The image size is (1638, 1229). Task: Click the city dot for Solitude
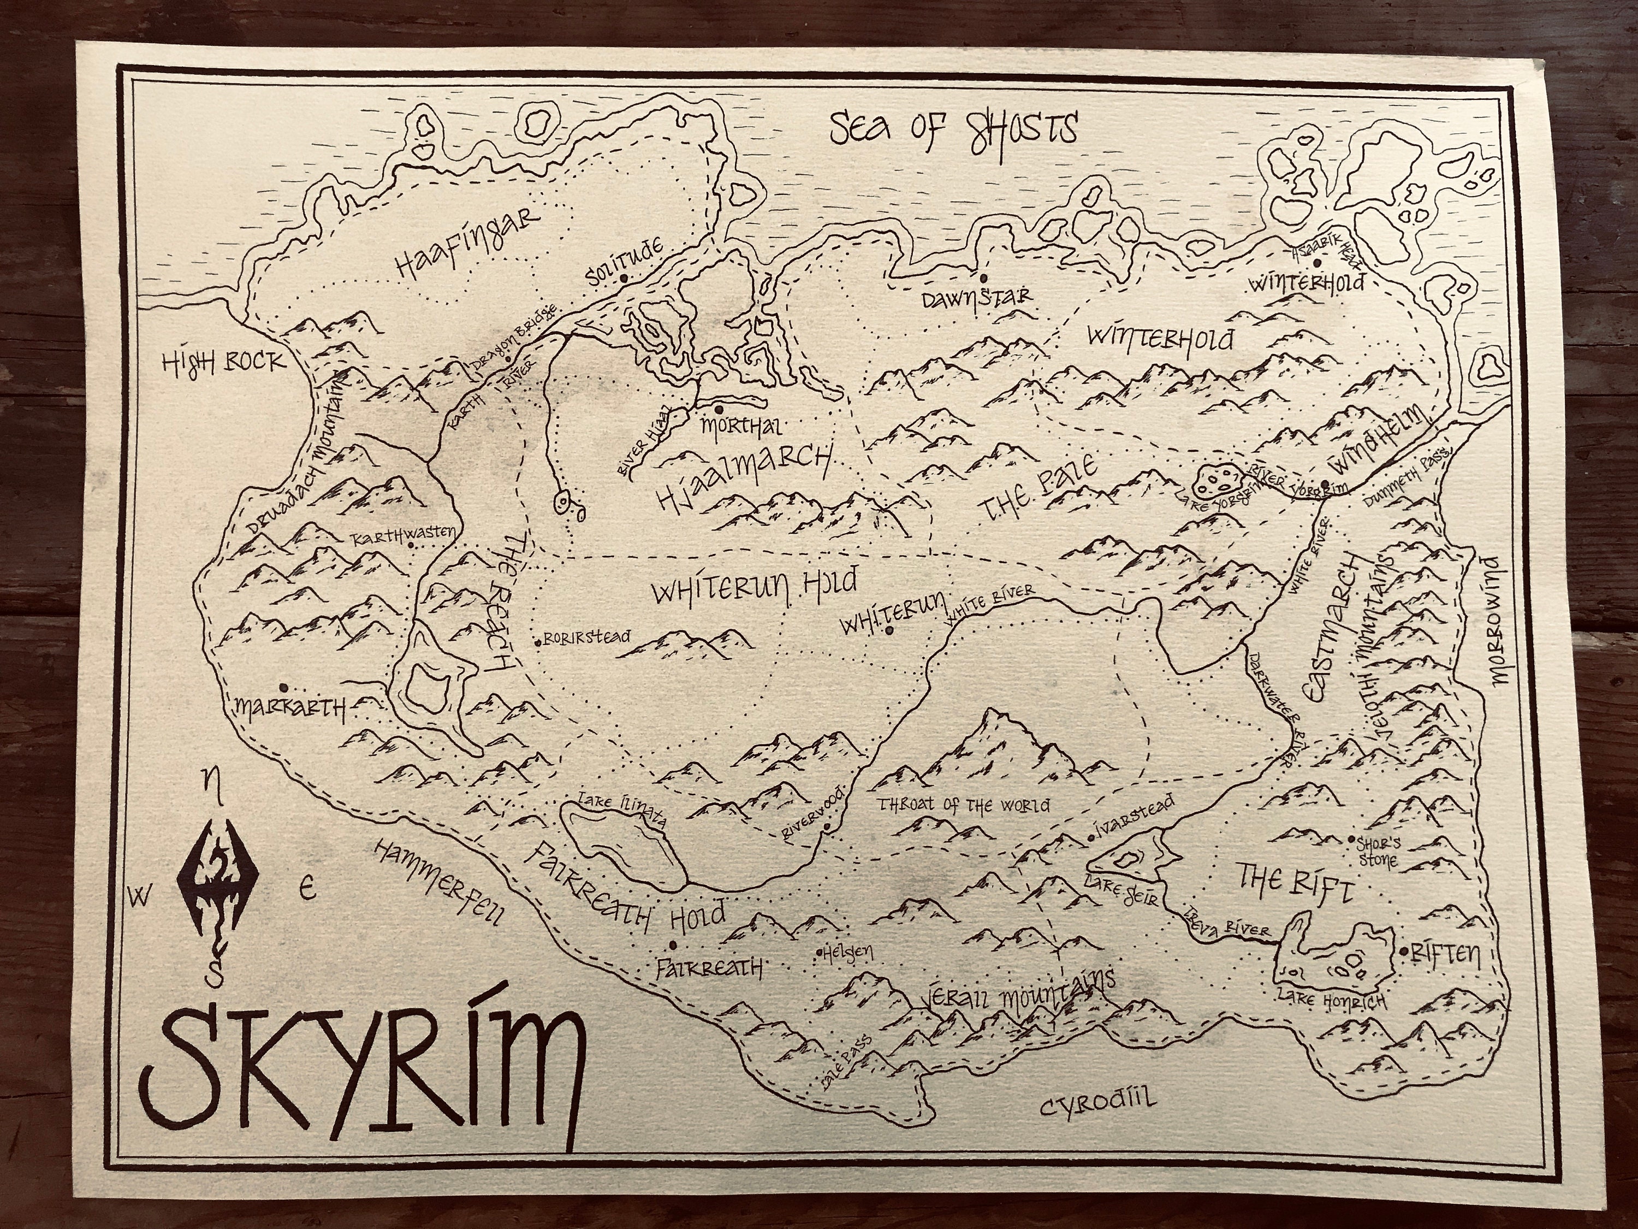click(x=624, y=279)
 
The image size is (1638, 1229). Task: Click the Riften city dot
click(x=1404, y=951)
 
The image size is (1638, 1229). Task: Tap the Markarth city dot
click(x=283, y=687)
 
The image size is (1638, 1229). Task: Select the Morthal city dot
click(x=719, y=408)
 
